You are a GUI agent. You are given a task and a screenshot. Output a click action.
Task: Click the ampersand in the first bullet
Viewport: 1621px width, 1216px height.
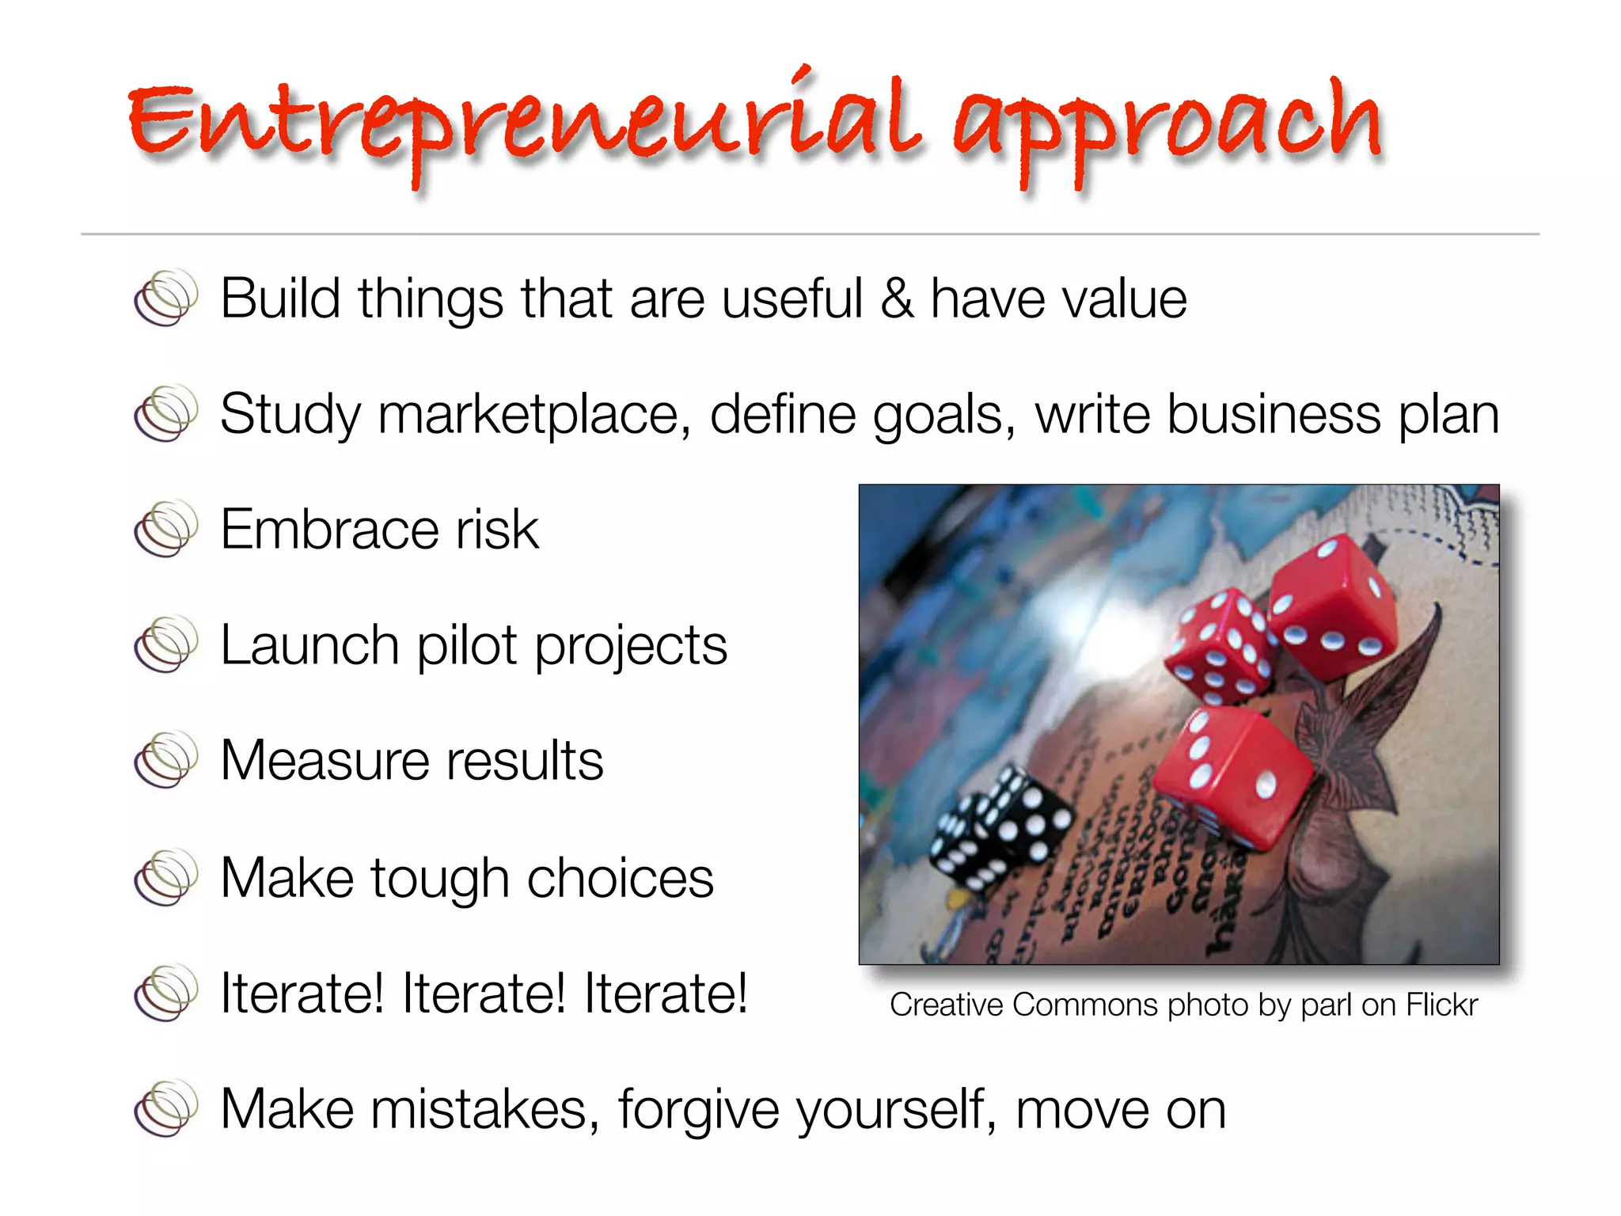896,298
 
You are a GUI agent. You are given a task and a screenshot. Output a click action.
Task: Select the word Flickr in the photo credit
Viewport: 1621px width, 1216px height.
1441,1005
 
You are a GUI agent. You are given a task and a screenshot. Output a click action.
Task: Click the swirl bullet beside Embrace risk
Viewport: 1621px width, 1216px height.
165,529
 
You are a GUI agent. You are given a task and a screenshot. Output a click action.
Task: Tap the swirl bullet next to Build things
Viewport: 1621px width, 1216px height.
165,298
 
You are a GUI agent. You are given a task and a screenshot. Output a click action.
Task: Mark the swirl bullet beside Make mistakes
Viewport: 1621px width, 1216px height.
165,1108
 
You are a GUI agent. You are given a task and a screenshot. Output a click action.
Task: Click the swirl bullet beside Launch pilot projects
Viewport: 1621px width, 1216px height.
165,644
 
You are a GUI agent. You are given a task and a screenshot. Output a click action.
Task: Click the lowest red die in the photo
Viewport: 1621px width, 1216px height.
1231,772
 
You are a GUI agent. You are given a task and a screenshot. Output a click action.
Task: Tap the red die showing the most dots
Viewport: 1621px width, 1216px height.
1219,645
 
